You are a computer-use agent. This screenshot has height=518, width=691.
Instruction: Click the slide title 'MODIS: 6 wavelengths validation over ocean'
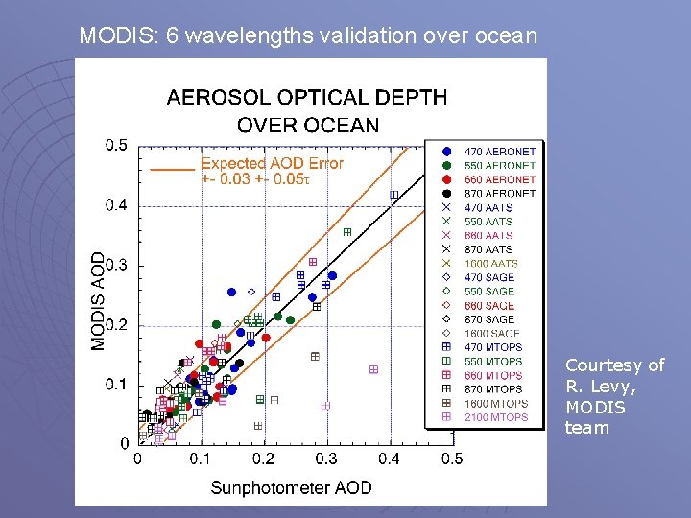click(308, 36)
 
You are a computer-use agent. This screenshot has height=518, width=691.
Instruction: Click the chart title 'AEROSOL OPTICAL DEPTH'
click(307, 97)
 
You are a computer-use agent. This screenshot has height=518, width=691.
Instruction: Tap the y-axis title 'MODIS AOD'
click(99, 300)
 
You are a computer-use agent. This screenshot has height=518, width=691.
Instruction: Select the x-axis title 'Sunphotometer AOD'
click(291, 487)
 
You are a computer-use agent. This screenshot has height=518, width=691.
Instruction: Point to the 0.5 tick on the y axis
click(116, 145)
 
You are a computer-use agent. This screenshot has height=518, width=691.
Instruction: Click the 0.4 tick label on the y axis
click(116, 205)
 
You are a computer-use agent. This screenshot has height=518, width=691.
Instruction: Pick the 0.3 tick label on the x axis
click(326, 459)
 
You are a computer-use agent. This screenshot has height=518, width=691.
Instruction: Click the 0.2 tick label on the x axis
click(263, 459)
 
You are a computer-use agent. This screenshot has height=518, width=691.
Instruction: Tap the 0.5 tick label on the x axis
click(452, 459)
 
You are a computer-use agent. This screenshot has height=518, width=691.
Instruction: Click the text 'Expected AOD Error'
click(272, 163)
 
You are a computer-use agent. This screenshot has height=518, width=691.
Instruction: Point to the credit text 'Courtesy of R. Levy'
click(614, 375)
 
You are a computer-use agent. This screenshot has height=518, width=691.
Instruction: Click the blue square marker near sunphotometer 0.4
click(394, 196)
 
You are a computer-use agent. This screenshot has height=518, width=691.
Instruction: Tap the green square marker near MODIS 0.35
click(347, 232)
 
